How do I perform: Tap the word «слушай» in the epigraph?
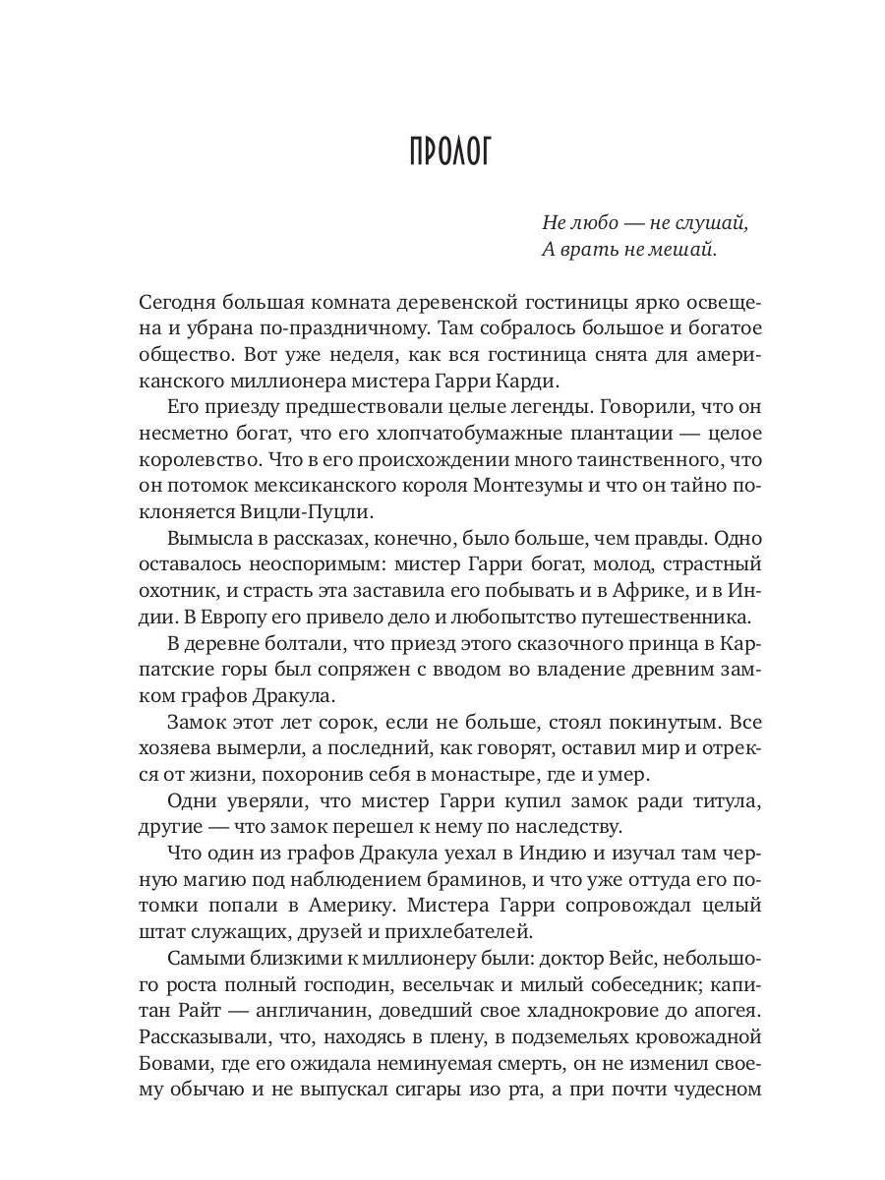(x=709, y=222)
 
